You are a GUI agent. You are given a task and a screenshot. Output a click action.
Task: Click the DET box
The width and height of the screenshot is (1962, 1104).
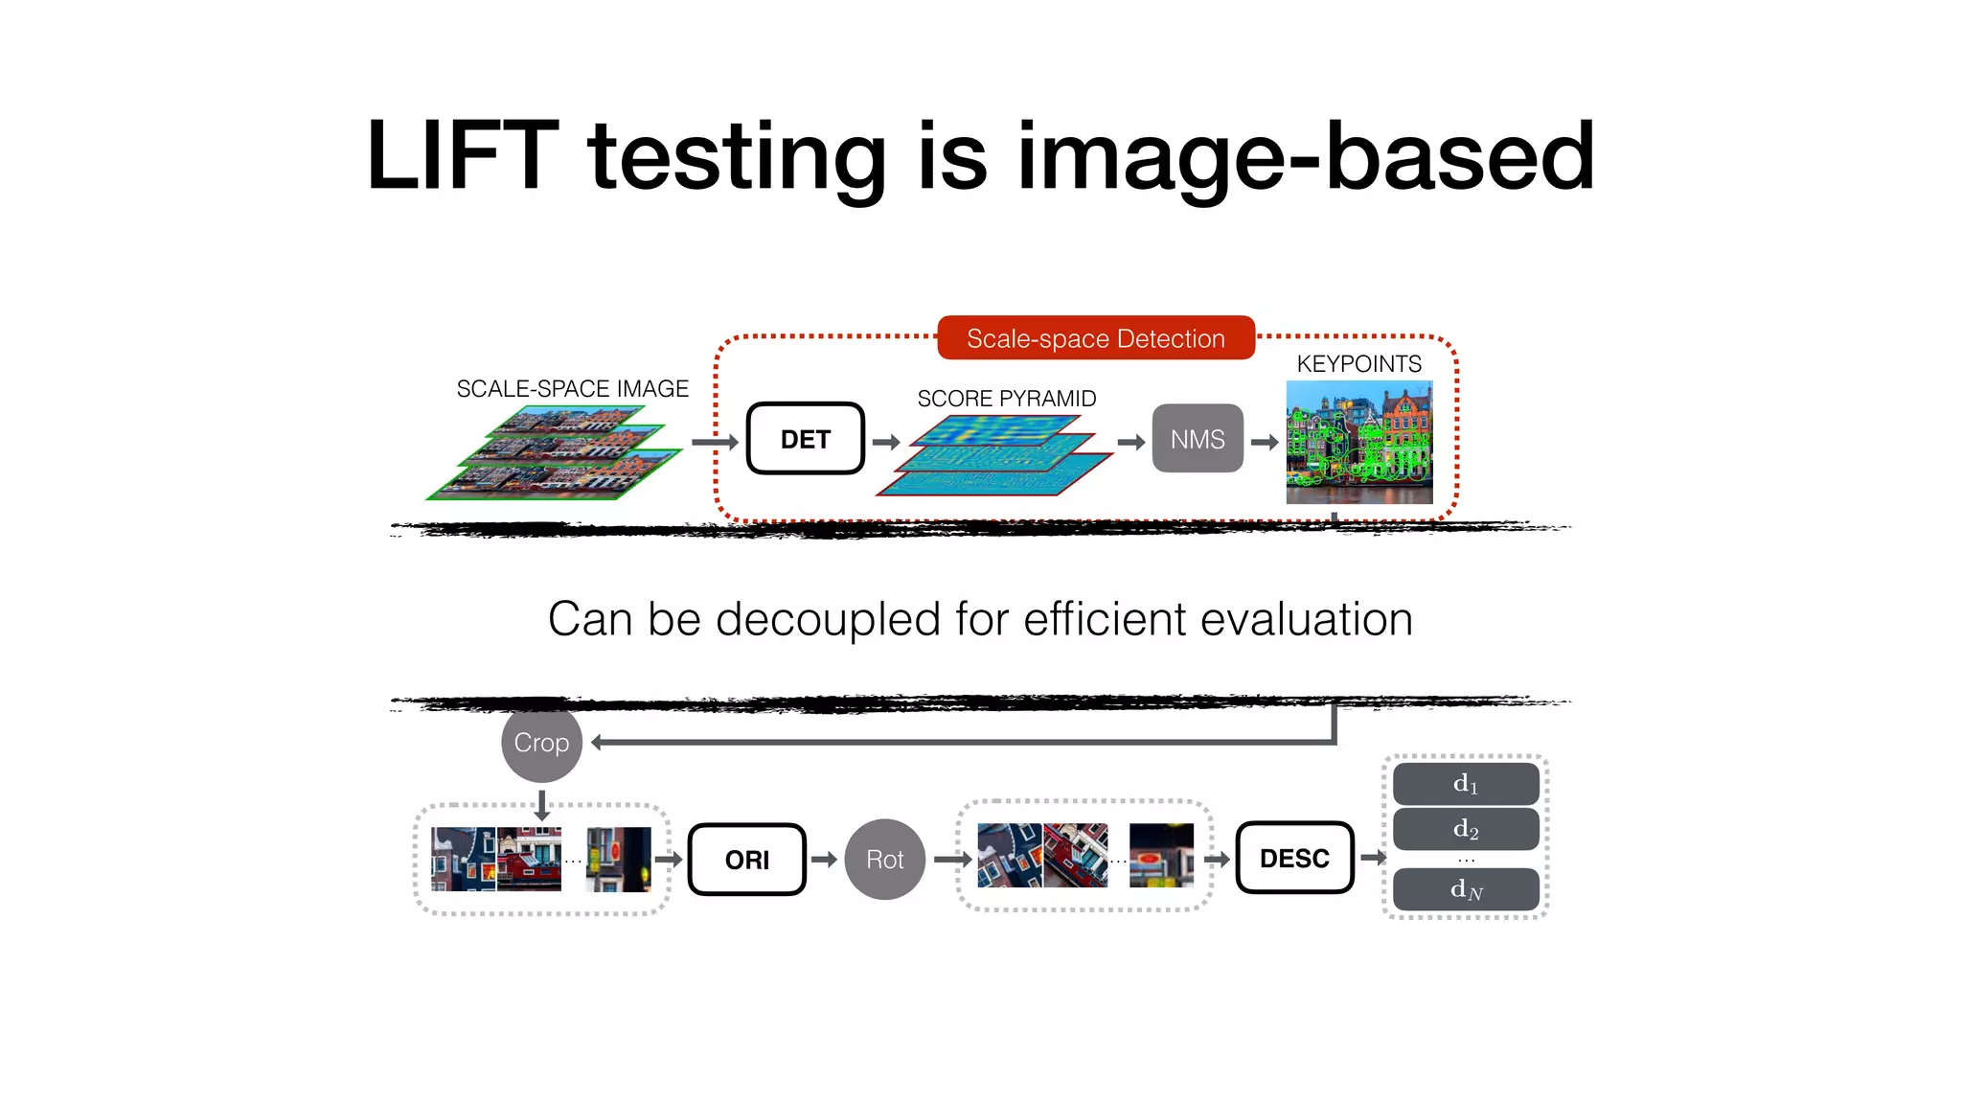click(x=805, y=439)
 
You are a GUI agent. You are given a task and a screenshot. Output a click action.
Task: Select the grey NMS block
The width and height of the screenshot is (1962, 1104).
click(x=1198, y=439)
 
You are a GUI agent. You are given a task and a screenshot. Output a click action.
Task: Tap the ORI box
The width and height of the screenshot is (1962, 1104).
click(x=747, y=860)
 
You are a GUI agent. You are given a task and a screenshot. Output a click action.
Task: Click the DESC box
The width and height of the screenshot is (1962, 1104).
click(x=1294, y=858)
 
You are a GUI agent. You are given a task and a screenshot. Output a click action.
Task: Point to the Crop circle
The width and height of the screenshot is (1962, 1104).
click(x=541, y=743)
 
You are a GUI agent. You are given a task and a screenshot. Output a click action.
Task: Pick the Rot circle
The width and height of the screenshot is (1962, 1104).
click(x=884, y=860)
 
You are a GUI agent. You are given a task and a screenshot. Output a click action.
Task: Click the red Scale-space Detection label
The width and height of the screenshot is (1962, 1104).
click(x=1096, y=338)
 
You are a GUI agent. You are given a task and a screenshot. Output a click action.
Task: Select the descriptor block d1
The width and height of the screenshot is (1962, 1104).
click(x=1466, y=784)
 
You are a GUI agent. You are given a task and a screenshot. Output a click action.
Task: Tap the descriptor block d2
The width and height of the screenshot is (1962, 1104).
click(x=1466, y=829)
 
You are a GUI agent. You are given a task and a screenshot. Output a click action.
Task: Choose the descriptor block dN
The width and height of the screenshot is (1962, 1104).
click(x=1466, y=889)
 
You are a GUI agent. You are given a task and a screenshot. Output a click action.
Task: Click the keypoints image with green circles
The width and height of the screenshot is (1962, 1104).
click(x=1358, y=442)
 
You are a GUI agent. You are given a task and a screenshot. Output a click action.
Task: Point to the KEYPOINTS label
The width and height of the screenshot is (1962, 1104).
click(x=1358, y=364)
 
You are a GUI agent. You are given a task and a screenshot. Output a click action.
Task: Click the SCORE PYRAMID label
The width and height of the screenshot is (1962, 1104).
click(x=1006, y=399)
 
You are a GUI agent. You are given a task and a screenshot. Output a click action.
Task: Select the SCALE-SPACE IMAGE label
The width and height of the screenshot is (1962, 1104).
click(x=572, y=389)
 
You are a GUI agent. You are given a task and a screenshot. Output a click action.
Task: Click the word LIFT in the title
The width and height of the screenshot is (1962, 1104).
click(x=462, y=155)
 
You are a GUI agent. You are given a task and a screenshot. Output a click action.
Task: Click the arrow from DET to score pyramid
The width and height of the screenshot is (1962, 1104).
click(x=886, y=442)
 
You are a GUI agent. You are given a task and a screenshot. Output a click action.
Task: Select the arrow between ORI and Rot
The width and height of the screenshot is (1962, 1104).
click(x=824, y=860)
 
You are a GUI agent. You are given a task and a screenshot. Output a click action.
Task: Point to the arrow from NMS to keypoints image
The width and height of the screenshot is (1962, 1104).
click(x=1265, y=442)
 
